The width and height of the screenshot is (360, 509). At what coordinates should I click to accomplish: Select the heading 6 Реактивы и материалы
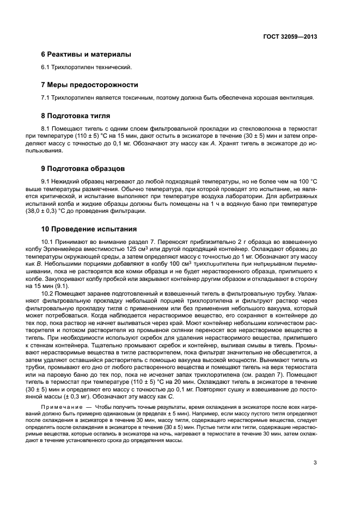point(86,54)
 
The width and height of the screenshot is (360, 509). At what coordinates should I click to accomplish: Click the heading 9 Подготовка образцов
point(83,169)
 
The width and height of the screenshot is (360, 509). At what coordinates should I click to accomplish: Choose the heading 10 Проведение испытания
point(90,229)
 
